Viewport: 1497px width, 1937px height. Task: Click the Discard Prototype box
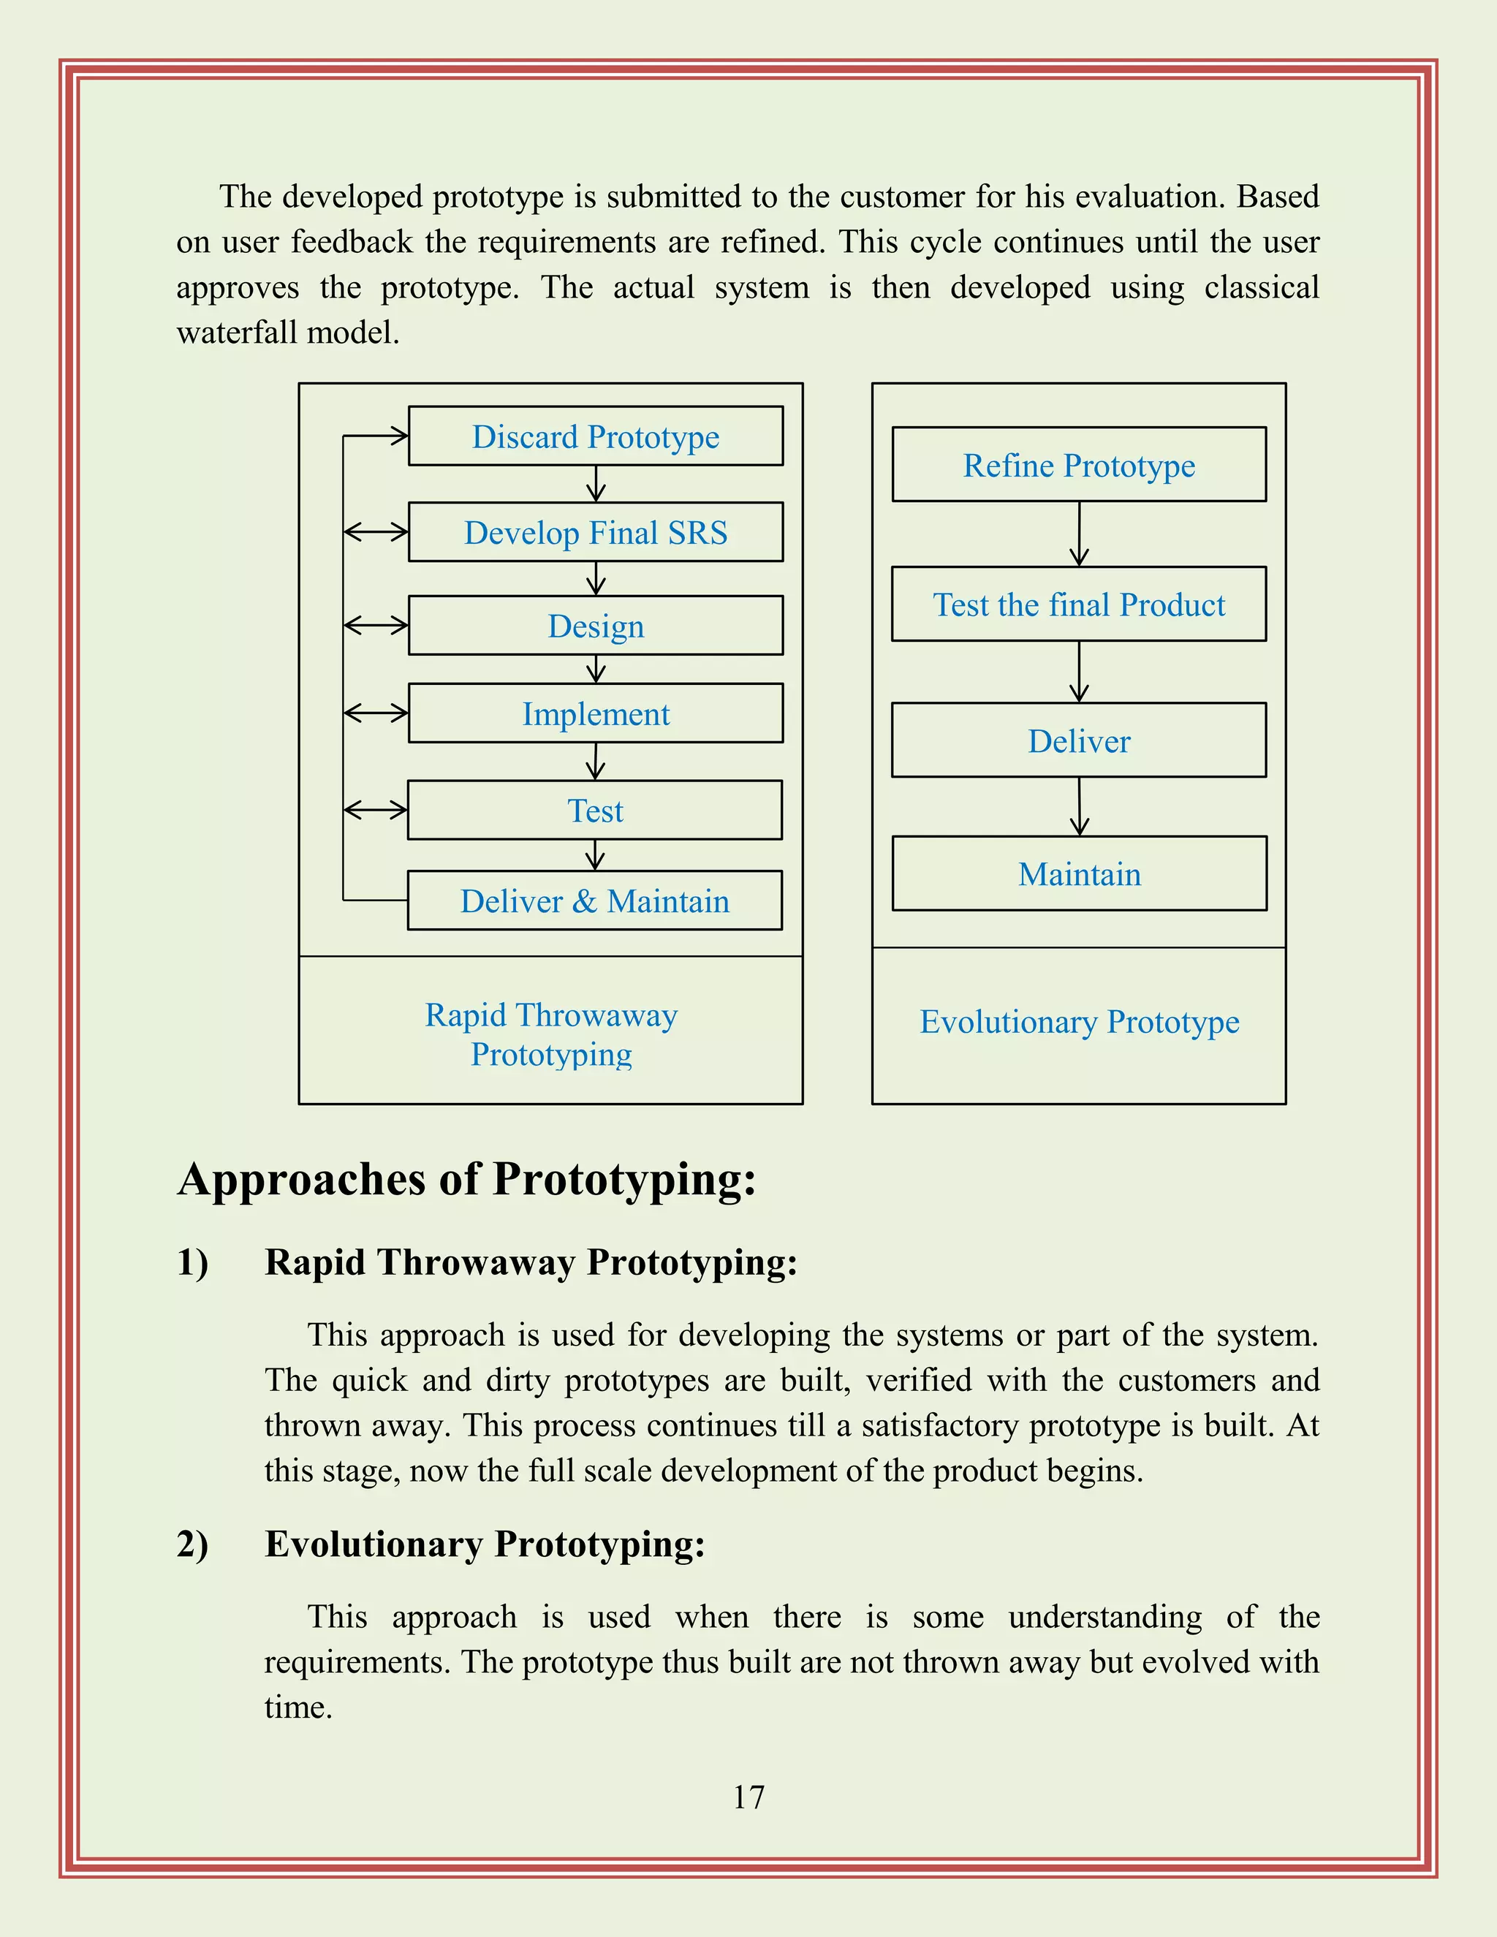[595, 436]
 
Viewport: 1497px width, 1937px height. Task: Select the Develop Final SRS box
[595, 532]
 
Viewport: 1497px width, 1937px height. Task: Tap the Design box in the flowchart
[595, 626]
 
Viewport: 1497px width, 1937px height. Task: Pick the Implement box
[595, 713]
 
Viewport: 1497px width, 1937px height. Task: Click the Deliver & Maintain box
[594, 901]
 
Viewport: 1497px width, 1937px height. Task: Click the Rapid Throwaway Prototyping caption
[550, 1034]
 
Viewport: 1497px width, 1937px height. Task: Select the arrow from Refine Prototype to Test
[1080, 534]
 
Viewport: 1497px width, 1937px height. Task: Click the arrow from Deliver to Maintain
[1080, 806]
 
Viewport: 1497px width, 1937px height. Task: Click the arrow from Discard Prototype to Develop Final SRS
[596, 483]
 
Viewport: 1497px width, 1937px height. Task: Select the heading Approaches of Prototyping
[466, 1180]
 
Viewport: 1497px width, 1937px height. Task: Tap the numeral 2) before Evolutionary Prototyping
[192, 1544]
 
